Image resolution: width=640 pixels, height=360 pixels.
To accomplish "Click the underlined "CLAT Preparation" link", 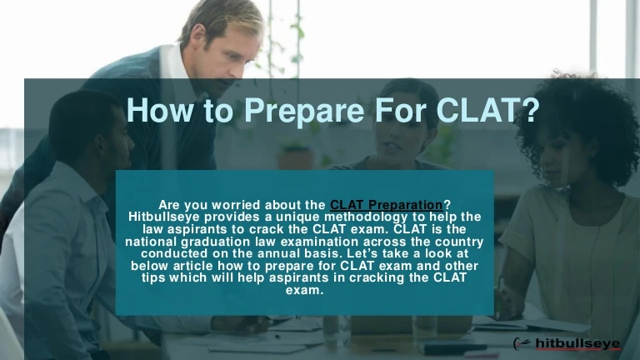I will tap(387, 205).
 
